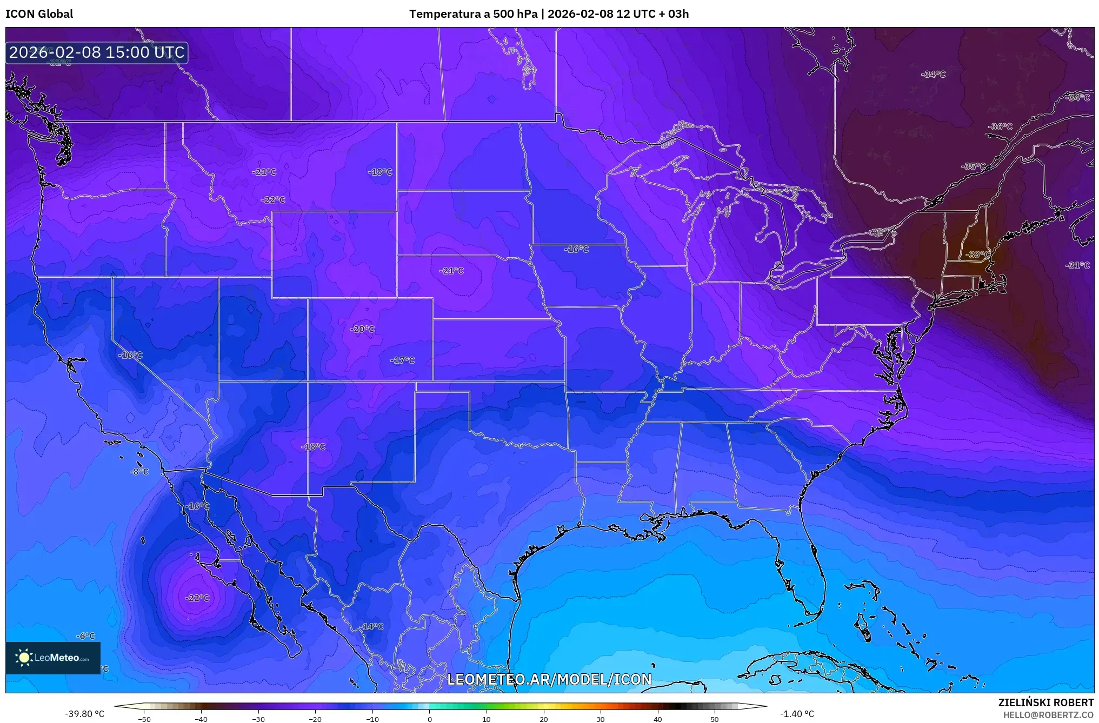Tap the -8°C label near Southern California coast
pyautogui.click(x=139, y=472)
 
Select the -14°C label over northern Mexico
pyautogui.click(x=371, y=626)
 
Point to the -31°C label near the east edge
pyautogui.click(x=1077, y=265)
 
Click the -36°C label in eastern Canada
pyautogui.click(x=1000, y=126)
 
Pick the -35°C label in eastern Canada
pyautogui.click(x=974, y=166)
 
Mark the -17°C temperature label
pyautogui.click(x=403, y=360)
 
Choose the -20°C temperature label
pyautogui.click(x=362, y=329)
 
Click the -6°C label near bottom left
pyautogui.click(x=85, y=636)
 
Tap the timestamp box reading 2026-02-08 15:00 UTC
pyautogui.click(x=97, y=52)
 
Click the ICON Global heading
pyautogui.click(x=39, y=14)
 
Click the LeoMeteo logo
pyautogui.click(x=53, y=658)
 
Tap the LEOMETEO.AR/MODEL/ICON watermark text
pyautogui.click(x=549, y=679)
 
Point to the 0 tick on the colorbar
pyautogui.click(x=430, y=719)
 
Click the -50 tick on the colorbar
pyautogui.click(x=144, y=719)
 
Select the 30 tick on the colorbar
pyautogui.click(x=601, y=719)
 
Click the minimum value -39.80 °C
pyautogui.click(x=85, y=714)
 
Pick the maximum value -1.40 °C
pyautogui.click(x=797, y=714)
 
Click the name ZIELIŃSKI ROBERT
pyautogui.click(x=1045, y=702)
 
